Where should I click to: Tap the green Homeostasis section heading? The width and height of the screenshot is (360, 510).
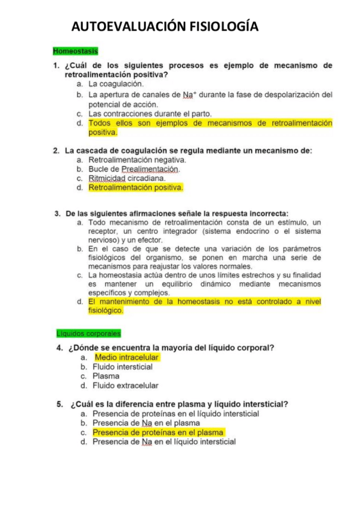pyautogui.click(x=75, y=52)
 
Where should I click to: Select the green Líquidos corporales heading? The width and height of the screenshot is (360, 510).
pyautogui.click(x=88, y=333)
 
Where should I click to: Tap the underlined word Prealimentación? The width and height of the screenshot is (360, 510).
pyautogui.click(x=150, y=169)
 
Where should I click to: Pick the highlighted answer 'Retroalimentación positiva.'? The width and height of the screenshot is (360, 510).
pyautogui.click(x=136, y=188)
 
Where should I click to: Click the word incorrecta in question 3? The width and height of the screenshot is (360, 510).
pyautogui.click(x=268, y=213)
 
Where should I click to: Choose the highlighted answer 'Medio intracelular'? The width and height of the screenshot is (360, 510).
pyautogui.click(x=127, y=357)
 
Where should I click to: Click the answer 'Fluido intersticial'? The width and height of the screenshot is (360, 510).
pyautogui.click(x=122, y=367)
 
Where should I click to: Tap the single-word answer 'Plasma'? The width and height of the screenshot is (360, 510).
pyautogui.click(x=106, y=376)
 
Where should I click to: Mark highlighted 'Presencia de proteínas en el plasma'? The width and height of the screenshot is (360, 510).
pyautogui.click(x=158, y=432)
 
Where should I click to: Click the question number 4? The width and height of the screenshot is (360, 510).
pyautogui.click(x=59, y=347)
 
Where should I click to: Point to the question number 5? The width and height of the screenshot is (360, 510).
pyautogui.click(x=59, y=404)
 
